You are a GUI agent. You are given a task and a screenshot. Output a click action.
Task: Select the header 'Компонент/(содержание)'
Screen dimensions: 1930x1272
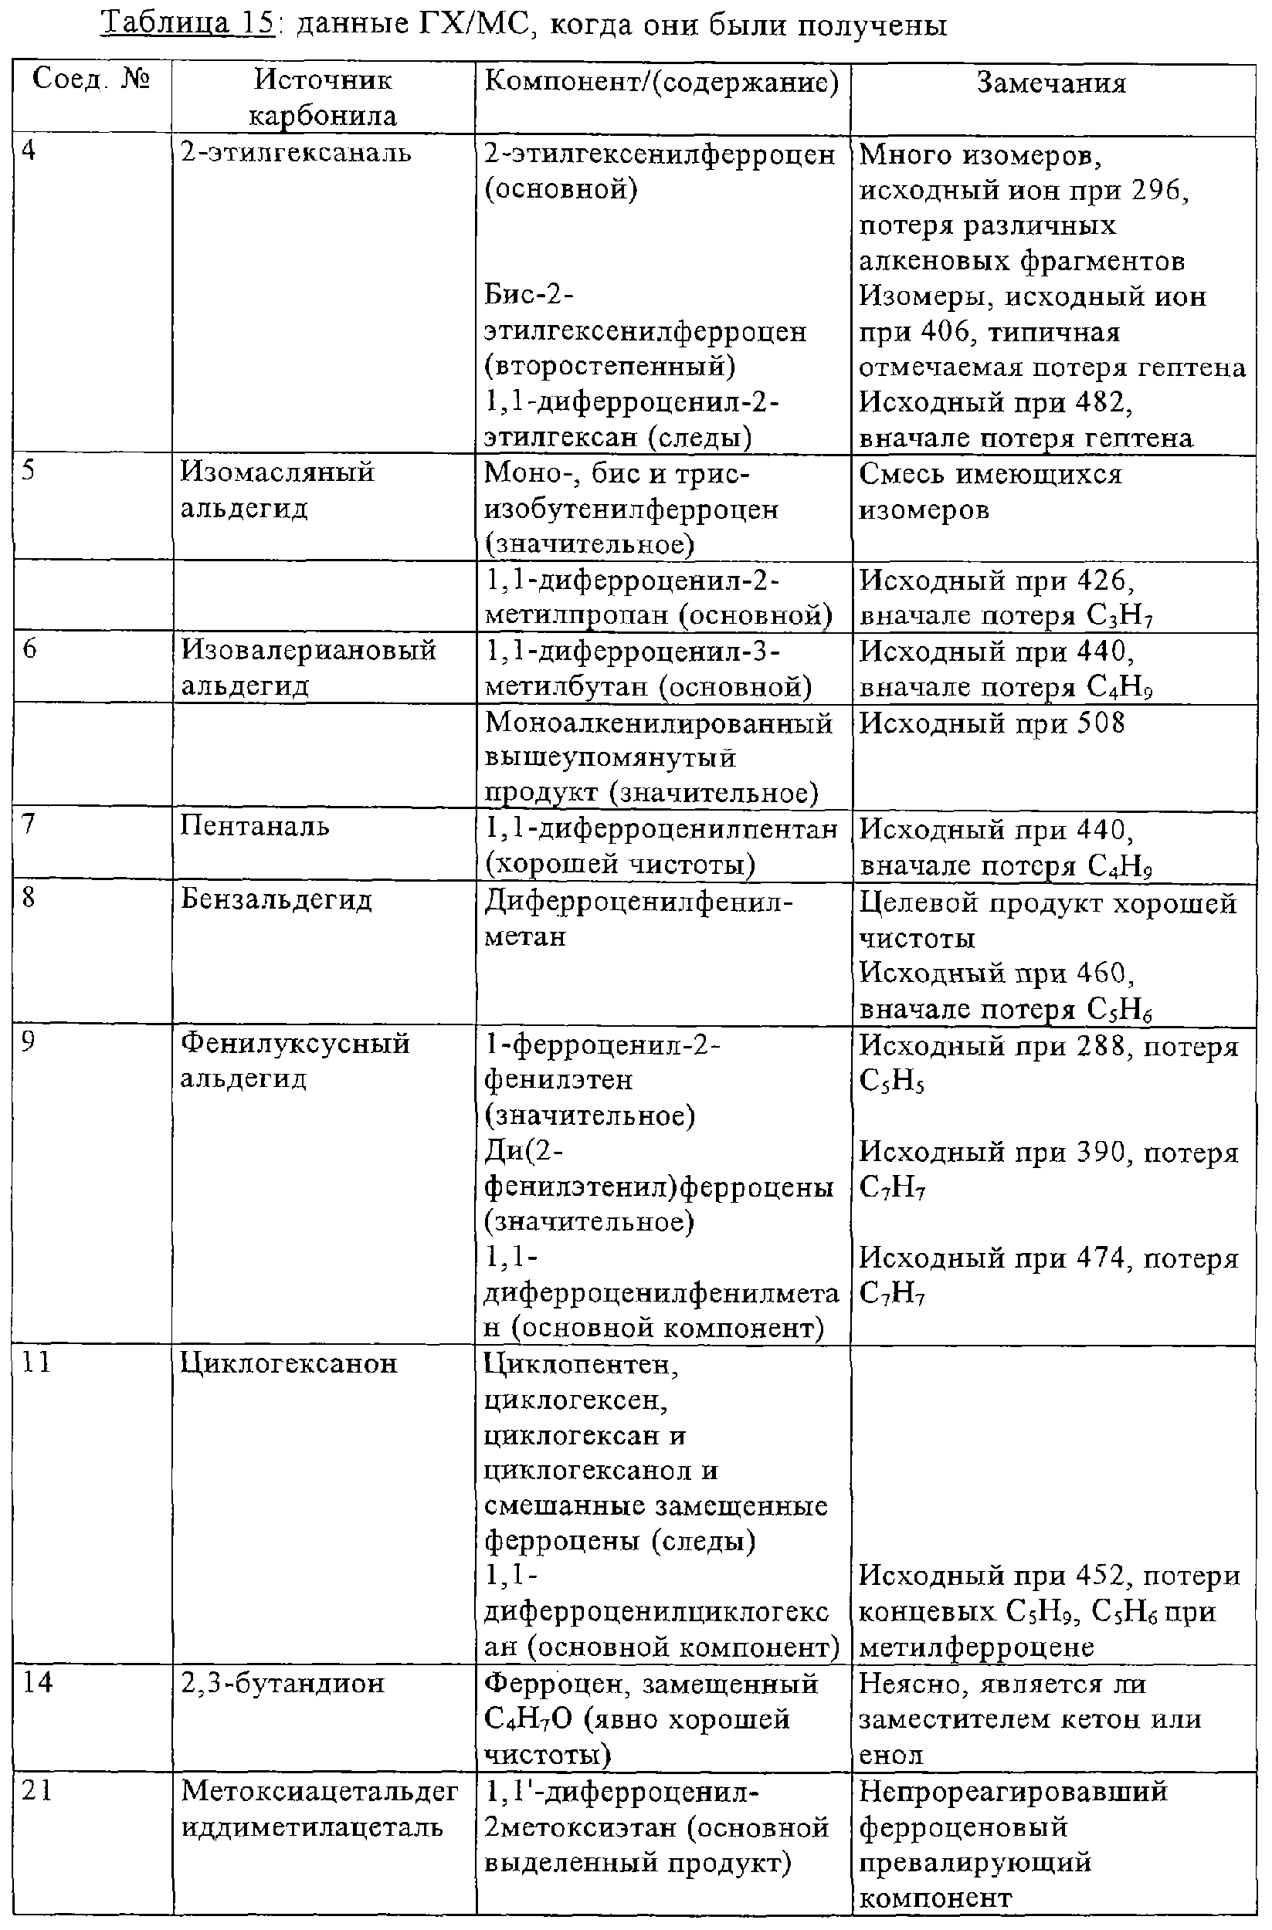click(x=661, y=83)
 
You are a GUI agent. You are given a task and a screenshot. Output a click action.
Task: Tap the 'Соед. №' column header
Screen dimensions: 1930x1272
click(x=91, y=80)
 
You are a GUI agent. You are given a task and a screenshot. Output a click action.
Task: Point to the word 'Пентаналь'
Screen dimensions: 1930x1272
click(x=255, y=826)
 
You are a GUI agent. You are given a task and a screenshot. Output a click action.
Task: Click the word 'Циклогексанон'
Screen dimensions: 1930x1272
click(x=288, y=1363)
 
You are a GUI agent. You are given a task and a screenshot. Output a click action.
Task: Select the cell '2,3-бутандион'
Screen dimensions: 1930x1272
click(x=283, y=1684)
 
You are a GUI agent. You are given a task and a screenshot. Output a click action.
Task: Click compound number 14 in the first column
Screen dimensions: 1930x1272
click(x=36, y=1683)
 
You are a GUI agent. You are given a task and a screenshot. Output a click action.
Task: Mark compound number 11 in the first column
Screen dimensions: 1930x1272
click(x=36, y=1363)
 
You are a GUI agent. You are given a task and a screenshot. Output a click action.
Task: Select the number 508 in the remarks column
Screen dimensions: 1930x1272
click(x=1101, y=723)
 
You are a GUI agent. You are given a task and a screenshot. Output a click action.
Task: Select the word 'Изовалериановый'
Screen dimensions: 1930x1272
click(x=308, y=650)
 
